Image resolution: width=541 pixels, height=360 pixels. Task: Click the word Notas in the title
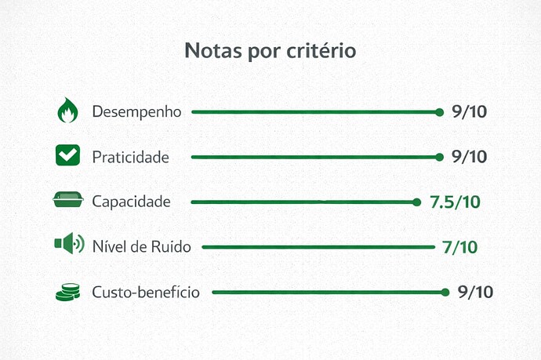click(209, 51)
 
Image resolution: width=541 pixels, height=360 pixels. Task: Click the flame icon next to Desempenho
click(68, 111)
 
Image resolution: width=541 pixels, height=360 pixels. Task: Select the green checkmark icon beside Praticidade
click(68, 155)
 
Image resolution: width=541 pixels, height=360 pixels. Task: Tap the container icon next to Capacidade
click(68, 201)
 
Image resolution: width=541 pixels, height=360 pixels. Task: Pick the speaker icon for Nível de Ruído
click(68, 245)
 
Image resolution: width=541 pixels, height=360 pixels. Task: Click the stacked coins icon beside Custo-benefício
click(68, 292)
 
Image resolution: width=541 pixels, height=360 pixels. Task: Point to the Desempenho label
click(136, 111)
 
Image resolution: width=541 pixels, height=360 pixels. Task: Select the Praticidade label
click(130, 157)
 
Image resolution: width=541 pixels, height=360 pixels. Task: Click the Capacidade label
click(131, 202)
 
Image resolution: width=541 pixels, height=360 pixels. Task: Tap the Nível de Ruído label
click(141, 247)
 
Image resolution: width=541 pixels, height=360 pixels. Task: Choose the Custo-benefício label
click(146, 293)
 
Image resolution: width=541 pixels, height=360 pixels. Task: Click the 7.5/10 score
click(455, 202)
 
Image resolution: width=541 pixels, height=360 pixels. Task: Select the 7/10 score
click(459, 247)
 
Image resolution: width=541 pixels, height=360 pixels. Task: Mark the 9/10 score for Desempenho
click(470, 111)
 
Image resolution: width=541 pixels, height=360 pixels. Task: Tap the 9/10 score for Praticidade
click(470, 157)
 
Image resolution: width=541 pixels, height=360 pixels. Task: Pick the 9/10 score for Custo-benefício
click(475, 293)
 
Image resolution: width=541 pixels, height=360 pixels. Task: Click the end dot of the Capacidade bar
click(417, 202)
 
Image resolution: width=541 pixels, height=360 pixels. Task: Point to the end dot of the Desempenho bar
click(440, 112)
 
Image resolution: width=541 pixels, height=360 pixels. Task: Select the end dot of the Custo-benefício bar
click(445, 293)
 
